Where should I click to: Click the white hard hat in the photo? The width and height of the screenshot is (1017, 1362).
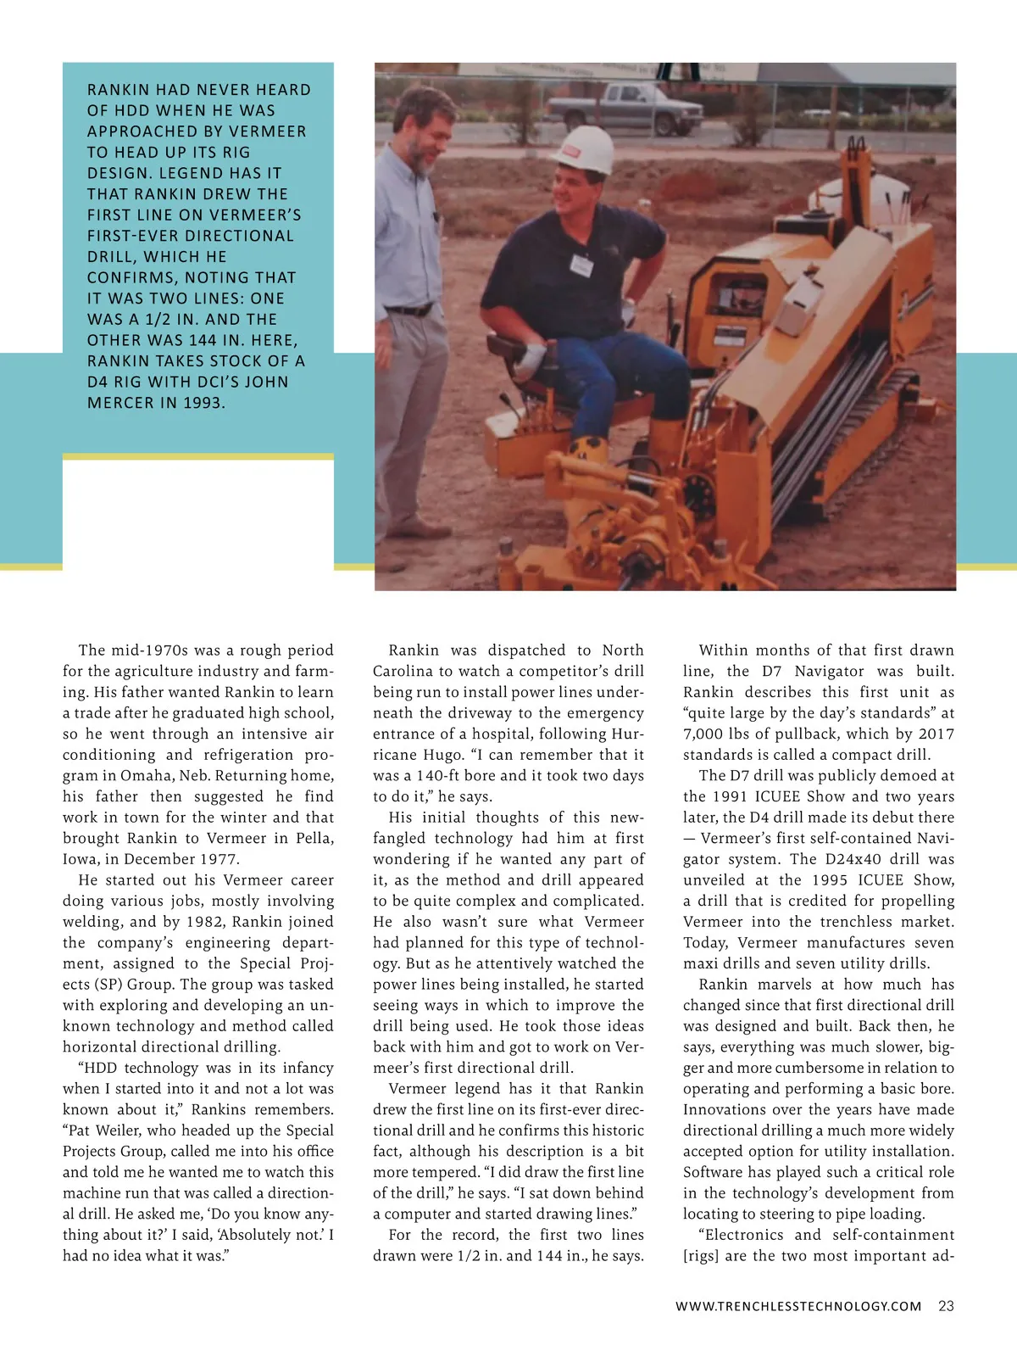584,149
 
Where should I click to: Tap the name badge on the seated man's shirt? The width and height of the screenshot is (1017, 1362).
581,265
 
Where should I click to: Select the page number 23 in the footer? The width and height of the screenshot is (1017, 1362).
946,1306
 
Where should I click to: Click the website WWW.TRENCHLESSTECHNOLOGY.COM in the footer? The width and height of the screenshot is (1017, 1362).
798,1306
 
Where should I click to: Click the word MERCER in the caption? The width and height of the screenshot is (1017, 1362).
116,403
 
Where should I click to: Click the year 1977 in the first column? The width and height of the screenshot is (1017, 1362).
220,858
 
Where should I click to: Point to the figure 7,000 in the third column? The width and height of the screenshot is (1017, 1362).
707,734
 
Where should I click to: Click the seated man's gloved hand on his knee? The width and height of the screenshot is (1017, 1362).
531,355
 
